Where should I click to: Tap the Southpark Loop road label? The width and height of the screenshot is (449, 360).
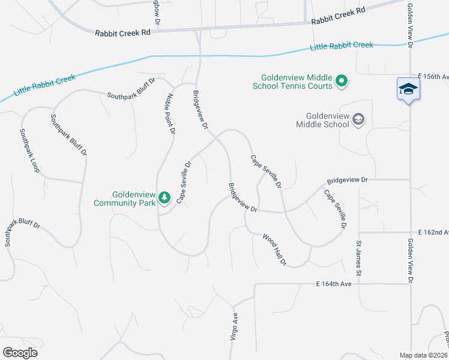(29, 151)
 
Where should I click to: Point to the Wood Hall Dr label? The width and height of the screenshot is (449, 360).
(275, 249)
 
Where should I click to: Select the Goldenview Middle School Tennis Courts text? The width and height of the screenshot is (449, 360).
(297, 82)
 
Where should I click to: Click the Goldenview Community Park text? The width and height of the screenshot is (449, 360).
(125, 199)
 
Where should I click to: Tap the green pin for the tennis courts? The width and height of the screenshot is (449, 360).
(342, 80)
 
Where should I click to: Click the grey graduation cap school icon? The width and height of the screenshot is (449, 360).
(358, 119)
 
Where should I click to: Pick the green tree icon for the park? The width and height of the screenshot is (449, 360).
(164, 197)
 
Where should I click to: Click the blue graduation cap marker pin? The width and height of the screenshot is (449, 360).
(408, 89)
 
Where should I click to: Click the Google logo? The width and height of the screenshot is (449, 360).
(20, 352)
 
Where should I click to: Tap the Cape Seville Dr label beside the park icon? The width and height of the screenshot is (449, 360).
(184, 182)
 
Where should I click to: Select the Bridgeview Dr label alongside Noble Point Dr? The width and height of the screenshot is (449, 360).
(200, 110)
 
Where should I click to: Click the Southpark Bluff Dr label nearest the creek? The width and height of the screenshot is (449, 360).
(131, 88)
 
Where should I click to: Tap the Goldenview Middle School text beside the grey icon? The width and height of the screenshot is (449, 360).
(327, 120)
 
